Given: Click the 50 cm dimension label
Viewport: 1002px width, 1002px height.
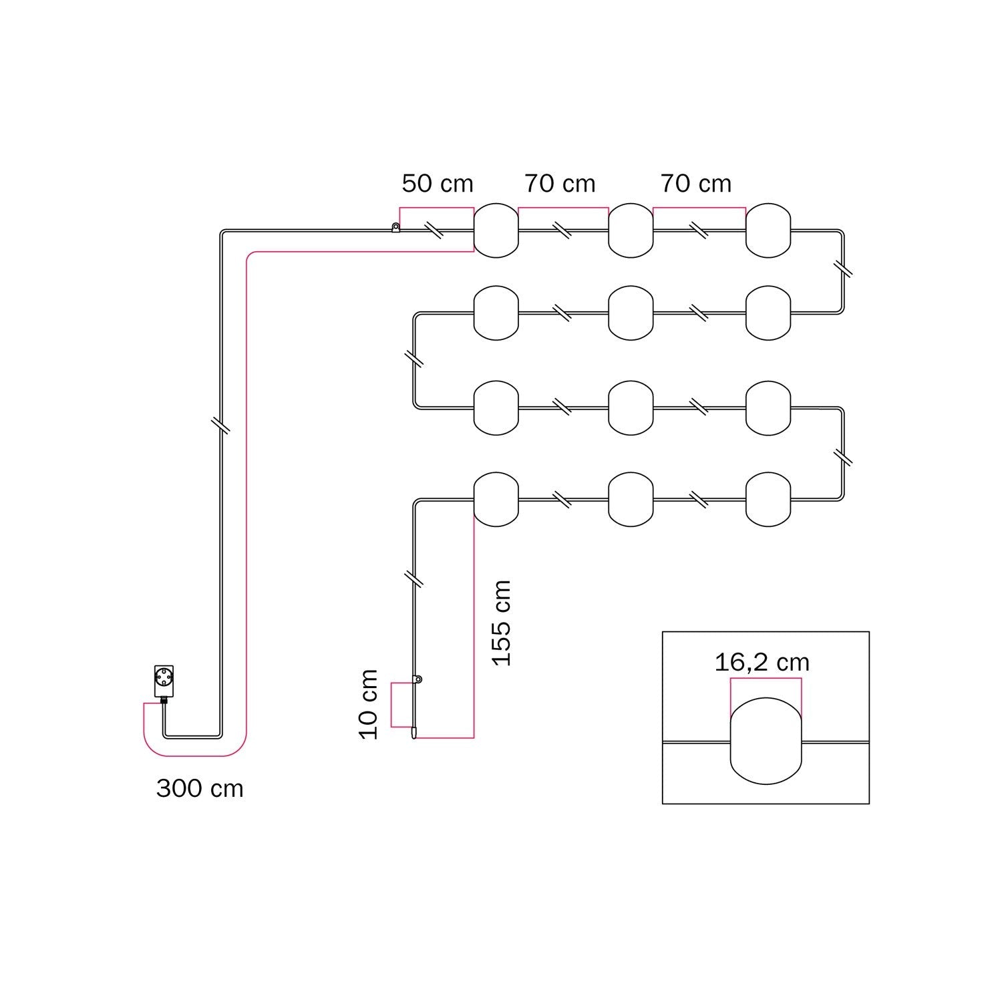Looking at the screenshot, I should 437,184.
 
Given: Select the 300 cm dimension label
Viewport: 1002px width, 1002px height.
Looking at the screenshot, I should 200,789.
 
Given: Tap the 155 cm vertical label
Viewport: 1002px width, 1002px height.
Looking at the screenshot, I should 501,623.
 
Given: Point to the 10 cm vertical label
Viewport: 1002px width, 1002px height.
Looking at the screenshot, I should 369,704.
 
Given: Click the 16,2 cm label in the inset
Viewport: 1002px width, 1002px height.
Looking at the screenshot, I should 762,663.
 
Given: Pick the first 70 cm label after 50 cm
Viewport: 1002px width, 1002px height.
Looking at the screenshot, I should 559,184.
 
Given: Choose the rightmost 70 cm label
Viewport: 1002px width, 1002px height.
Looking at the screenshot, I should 695,184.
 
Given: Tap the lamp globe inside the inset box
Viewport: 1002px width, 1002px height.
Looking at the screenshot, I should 766,740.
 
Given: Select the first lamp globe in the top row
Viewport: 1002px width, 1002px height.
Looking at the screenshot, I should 496,230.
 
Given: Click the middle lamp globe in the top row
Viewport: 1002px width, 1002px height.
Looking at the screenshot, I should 631,230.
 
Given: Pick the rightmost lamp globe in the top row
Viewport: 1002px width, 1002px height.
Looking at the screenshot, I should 768,230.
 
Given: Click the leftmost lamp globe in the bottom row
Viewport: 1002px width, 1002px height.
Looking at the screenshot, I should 496,499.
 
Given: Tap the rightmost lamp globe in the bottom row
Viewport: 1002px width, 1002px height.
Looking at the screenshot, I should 768,499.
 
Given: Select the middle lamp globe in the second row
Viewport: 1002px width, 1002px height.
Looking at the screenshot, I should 631,313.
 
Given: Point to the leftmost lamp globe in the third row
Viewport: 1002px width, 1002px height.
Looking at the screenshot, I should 496,407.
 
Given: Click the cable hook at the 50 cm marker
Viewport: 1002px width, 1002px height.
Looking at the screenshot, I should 395,228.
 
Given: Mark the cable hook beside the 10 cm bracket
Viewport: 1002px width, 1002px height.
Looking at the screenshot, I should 417,680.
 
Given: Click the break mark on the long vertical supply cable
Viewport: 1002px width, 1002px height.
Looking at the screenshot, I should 220,426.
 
